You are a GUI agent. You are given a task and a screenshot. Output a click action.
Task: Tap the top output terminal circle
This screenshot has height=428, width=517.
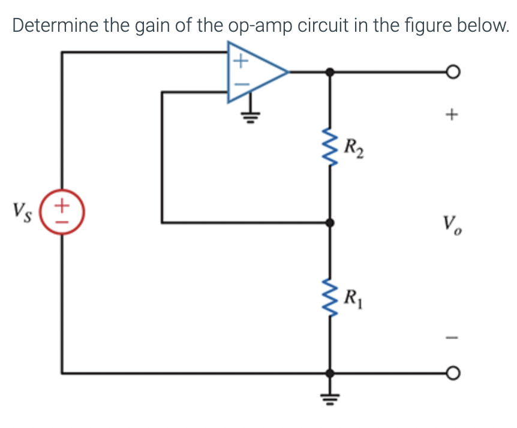[453, 73]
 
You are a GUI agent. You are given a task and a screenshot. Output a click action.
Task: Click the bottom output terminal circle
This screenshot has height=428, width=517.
[453, 373]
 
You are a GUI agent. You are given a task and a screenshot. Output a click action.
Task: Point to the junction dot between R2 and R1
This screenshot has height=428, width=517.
[329, 223]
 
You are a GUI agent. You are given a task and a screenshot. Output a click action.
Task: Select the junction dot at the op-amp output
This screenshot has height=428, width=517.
[329, 73]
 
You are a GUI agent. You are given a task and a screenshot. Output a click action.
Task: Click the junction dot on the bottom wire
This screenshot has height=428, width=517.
[329, 373]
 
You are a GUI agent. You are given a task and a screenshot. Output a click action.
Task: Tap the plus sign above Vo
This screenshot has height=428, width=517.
[453, 112]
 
